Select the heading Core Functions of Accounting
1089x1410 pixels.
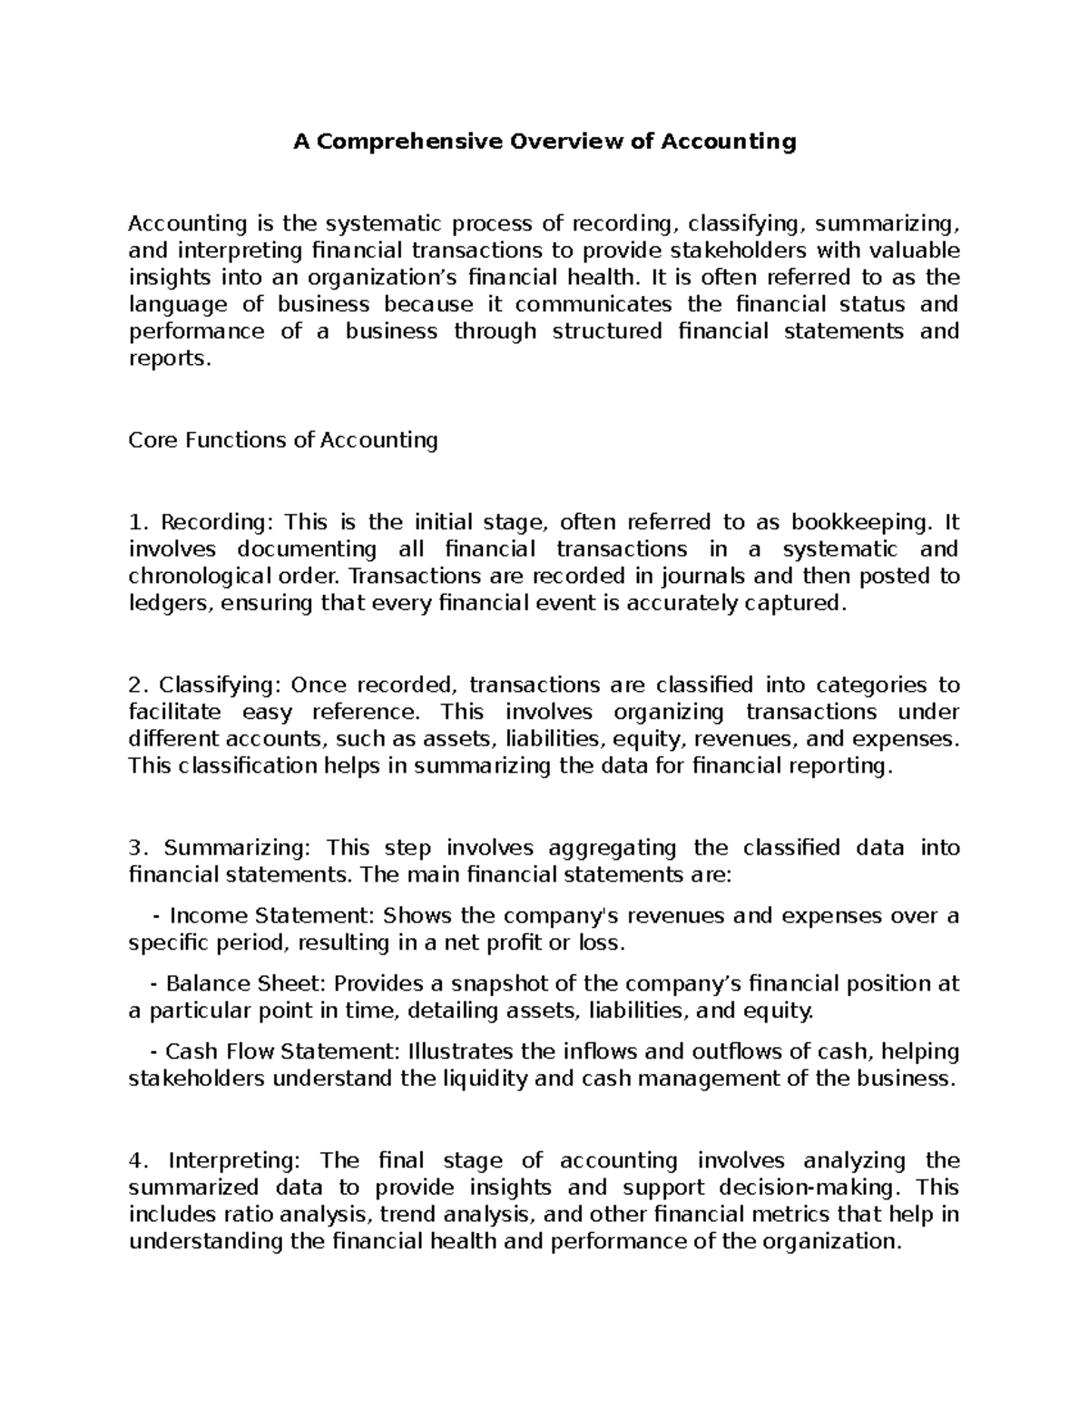click(x=283, y=440)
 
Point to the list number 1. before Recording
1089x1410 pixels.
click(x=137, y=522)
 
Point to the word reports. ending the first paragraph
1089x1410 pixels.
click(x=170, y=359)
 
